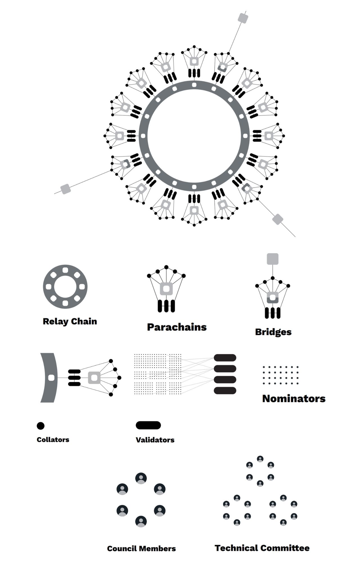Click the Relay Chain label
pyautogui.click(x=70, y=321)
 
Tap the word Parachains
pyautogui.click(x=177, y=327)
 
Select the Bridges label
pyautogui.click(x=273, y=332)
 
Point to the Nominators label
pyautogui.click(x=294, y=398)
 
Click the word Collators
pyautogui.click(x=53, y=439)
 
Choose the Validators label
pyautogui.click(x=155, y=440)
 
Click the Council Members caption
pyautogui.click(x=141, y=549)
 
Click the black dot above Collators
pyautogui.click(x=40, y=426)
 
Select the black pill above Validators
pyautogui.click(x=148, y=425)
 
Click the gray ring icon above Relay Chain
pyautogui.click(x=65, y=287)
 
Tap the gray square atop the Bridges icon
pyautogui.click(x=273, y=259)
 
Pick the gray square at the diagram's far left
pyautogui.click(x=66, y=189)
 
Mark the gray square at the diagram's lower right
pyautogui.click(x=278, y=219)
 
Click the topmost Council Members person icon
pyautogui.click(x=141, y=478)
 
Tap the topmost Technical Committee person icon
pyautogui.click(x=260, y=459)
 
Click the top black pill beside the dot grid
pyautogui.click(x=225, y=358)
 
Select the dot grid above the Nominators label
pyautogui.click(x=280, y=375)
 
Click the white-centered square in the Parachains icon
pyautogui.click(x=166, y=289)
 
